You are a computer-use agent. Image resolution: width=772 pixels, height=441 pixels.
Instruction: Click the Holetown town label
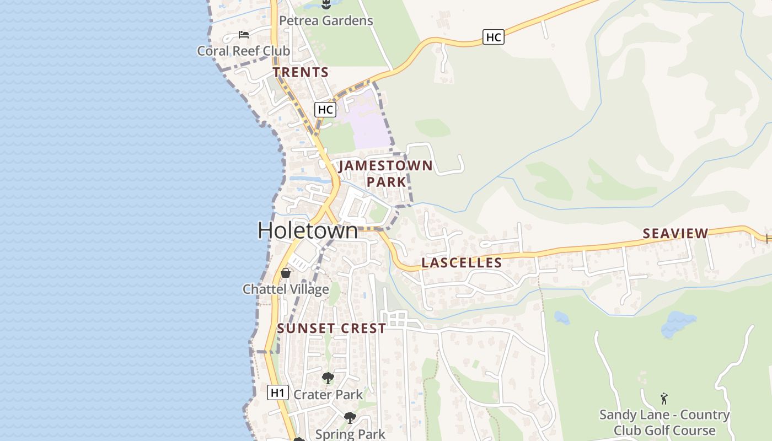(x=308, y=230)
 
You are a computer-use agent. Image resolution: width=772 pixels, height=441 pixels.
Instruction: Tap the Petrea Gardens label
(x=326, y=21)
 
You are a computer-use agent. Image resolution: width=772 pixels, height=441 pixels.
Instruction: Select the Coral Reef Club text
(x=244, y=51)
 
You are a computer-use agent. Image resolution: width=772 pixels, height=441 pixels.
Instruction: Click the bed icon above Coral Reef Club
(x=244, y=35)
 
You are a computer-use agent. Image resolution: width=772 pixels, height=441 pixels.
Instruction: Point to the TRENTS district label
(x=301, y=72)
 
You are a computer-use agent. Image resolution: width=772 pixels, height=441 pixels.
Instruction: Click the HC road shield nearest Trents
(x=325, y=109)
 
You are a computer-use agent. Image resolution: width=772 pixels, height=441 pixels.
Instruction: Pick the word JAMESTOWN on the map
(x=385, y=165)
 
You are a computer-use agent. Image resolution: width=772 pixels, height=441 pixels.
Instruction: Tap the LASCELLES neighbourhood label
(x=462, y=263)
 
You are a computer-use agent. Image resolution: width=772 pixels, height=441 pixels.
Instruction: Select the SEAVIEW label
(x=675, y=234)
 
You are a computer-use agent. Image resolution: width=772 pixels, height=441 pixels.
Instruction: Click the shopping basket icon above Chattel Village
(x=286, y=272)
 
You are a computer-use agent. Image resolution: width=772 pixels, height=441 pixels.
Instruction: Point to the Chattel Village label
(x=286, y=289)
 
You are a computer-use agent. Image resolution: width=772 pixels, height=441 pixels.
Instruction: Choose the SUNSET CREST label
(x=331, y=329)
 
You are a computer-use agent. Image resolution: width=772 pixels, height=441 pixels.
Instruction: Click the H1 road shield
(x=278, y=392)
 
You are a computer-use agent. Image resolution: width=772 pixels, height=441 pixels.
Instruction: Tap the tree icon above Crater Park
(x=328, y=378)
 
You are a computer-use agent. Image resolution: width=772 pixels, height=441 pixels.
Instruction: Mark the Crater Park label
(x=328, y=395)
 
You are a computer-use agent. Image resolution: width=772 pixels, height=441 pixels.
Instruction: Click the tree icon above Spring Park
(x=350, y=417)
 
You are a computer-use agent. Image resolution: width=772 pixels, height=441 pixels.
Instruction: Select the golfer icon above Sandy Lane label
(x=664, y=398)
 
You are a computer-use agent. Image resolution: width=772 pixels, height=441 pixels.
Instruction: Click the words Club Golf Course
(x=664, y=431)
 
